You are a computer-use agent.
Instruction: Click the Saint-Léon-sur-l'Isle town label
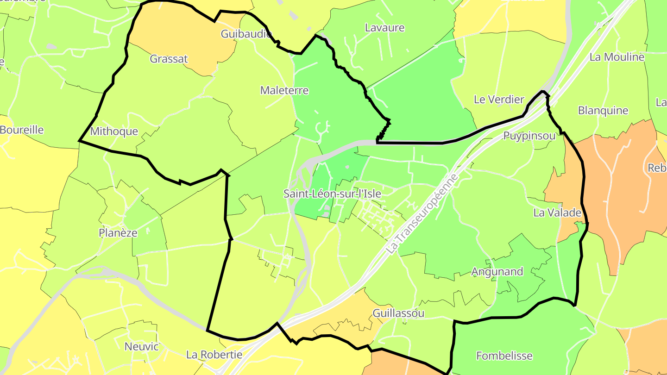332,194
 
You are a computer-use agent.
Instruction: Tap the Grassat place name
169,59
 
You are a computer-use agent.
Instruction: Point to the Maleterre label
284,90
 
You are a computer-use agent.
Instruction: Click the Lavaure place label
384,27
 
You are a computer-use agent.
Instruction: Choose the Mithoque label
114,131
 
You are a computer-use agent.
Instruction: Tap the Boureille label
21,130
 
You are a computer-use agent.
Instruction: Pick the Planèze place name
118,232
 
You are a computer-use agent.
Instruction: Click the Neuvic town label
141,346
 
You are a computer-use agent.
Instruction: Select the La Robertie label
214,355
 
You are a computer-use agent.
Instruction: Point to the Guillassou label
398,313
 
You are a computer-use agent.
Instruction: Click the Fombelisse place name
504,356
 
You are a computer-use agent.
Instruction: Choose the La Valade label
557,212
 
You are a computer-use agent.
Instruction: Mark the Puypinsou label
529,136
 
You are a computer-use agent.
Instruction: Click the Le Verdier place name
499,99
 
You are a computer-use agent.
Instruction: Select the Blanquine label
603,110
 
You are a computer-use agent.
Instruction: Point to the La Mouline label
617,57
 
